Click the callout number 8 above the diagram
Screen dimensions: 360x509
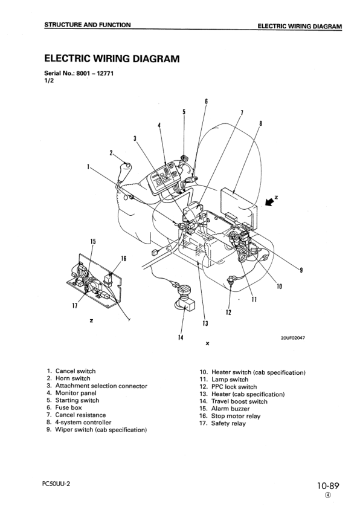(261, 123)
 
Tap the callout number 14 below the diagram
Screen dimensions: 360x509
(181, 337)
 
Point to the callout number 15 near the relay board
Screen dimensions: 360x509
(93, 242)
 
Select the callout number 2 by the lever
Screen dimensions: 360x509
(111, 152)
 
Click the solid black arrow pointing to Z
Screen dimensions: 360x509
(269, 203)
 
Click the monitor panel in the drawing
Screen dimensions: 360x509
(164, 178)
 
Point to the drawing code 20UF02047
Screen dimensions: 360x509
(292, 338)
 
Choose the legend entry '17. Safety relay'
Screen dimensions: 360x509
(222, 423)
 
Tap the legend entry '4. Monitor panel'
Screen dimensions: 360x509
(71, 393)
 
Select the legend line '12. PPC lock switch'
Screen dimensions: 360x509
(228, 387)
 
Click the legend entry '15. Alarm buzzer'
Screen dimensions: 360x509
(225, 409)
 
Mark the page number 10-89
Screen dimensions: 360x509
(328, 486)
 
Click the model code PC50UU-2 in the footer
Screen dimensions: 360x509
(56, 484)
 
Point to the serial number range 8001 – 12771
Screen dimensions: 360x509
(95, 73)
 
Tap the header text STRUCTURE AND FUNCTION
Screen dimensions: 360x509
(88, 25)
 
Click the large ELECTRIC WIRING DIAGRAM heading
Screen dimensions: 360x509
(112, 59)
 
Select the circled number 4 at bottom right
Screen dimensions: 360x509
(328, 495)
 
